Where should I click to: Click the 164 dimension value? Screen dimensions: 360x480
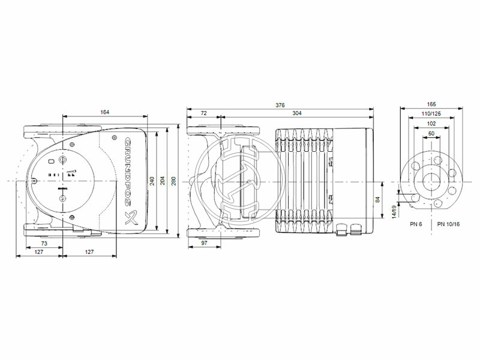pyautogui.click(x=105, y=112)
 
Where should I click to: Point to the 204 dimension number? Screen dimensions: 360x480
pyautogui.click(x=162, y=181)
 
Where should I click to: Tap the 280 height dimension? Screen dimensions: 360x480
pyautogui.click(x=174, y=181)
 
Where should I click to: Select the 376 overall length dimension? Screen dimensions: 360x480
pyautogui.click(x=280, y=105)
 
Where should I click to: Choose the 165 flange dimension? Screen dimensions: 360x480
pyautogui.click(x=432, y=104)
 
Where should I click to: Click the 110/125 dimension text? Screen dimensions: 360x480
pyautogui.click(x=432, y=113)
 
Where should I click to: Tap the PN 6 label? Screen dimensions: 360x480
pyautogui.click(x=416, y=224)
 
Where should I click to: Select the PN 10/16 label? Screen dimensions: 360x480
pyautogui.click(x=449, y=224)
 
